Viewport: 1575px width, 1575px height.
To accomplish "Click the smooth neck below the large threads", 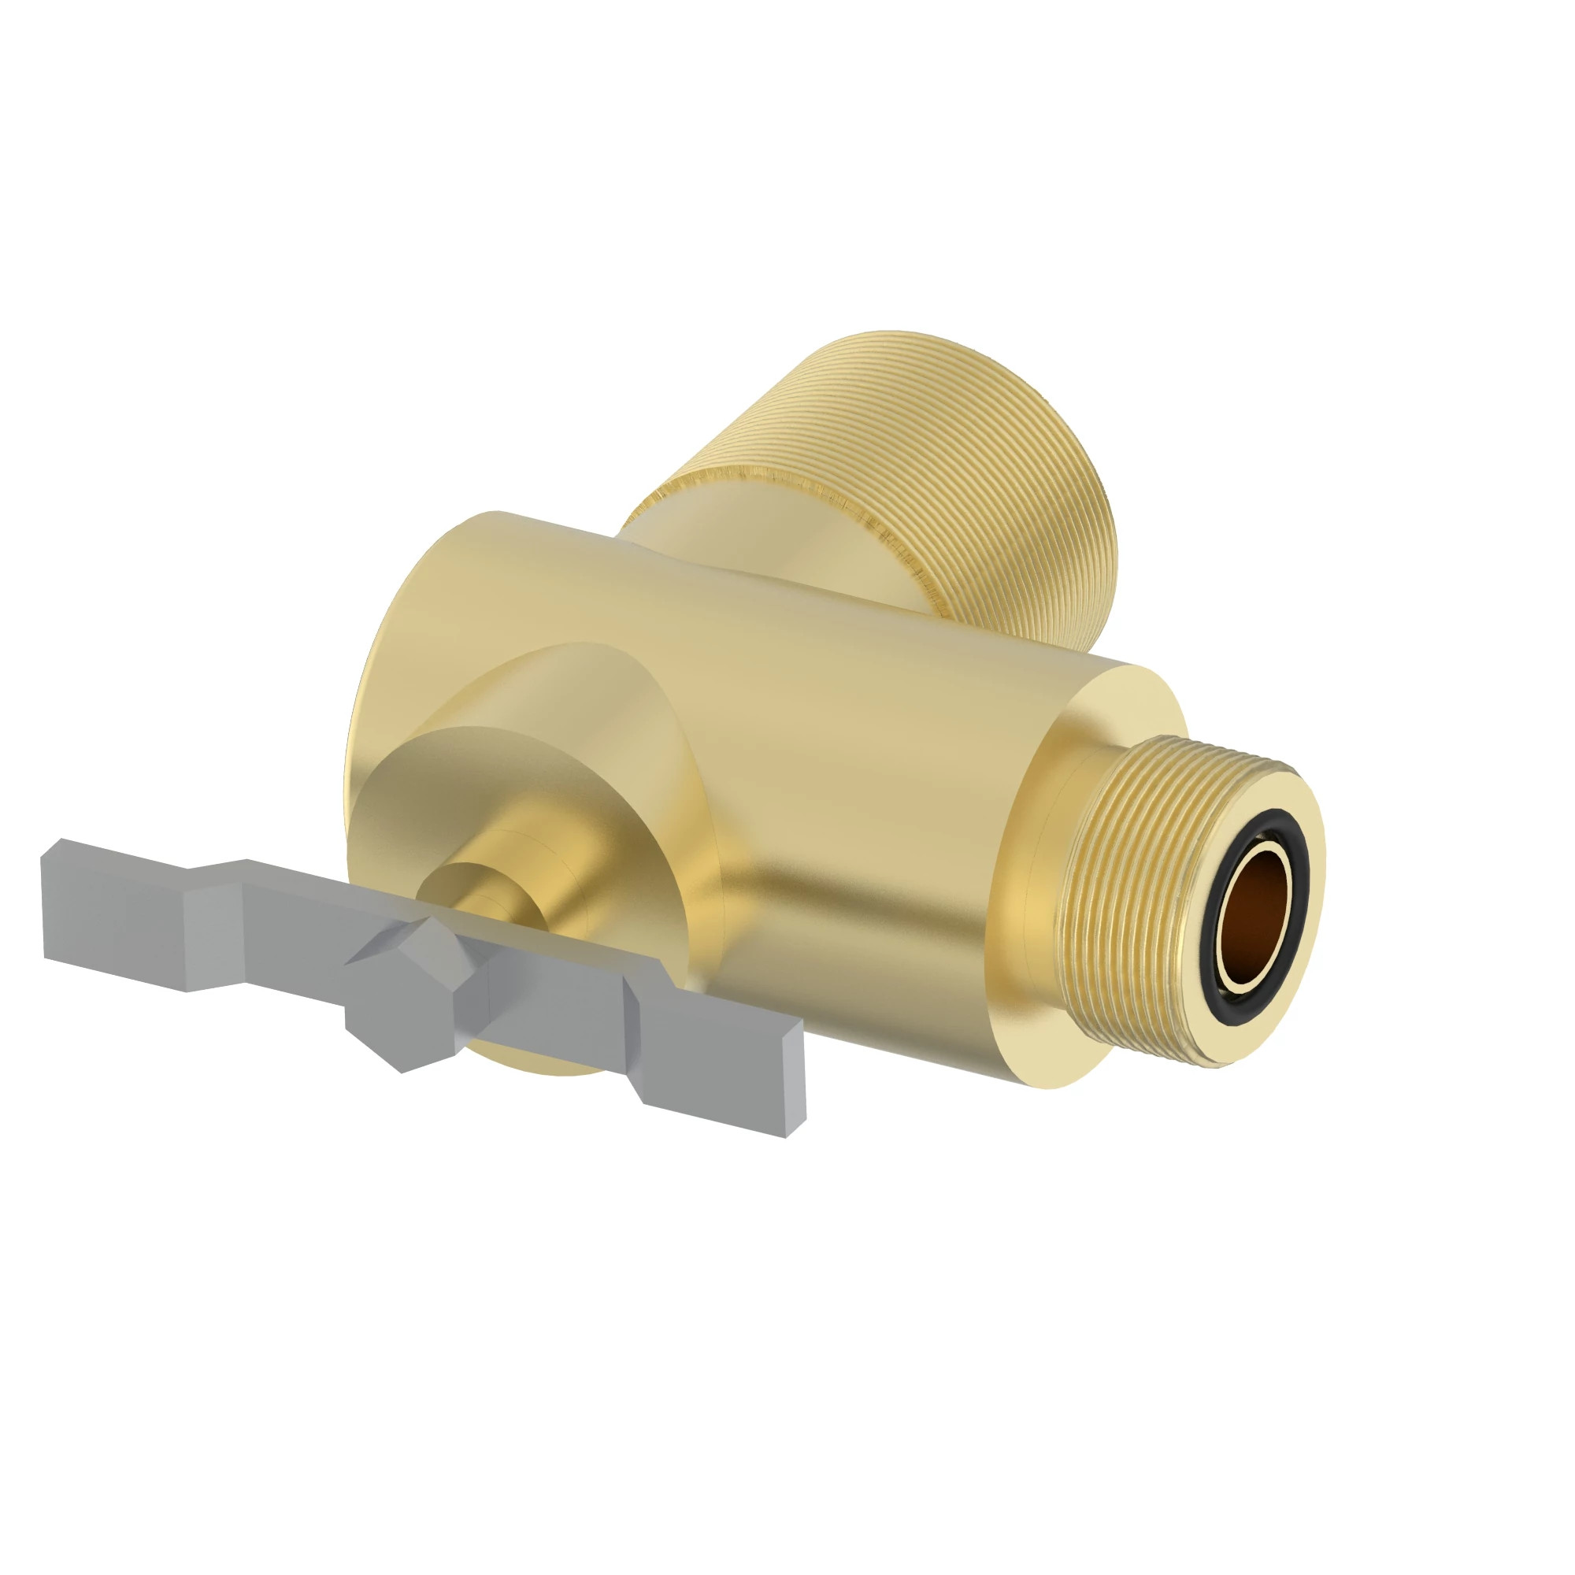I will (x=693, y=530).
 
